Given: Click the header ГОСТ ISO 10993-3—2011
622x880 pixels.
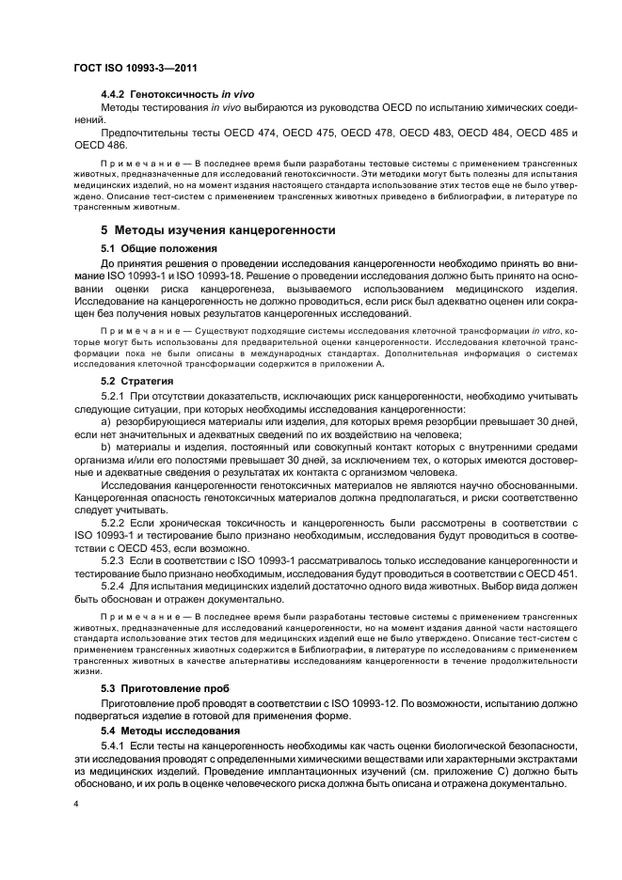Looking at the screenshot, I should [137, 69].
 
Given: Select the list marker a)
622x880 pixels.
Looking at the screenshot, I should [106, 422].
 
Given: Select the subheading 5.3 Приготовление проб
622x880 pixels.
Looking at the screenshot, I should [165, 689].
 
